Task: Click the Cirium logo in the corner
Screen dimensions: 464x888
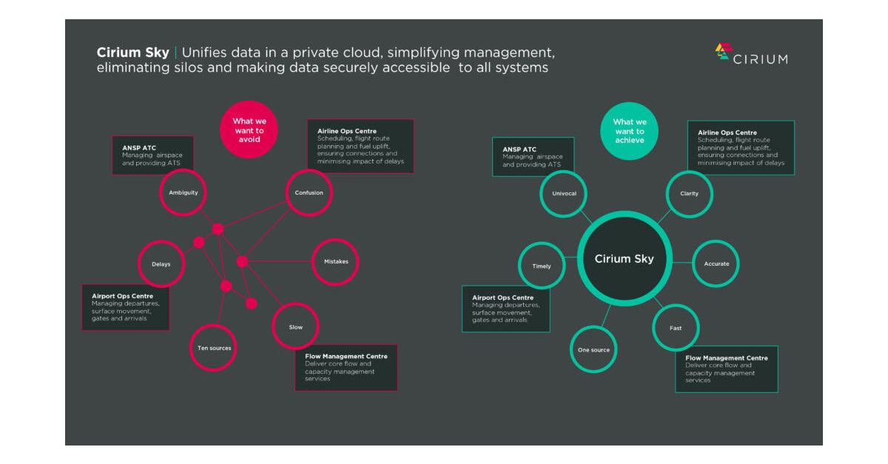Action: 750,55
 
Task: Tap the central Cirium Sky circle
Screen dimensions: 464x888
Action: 624,259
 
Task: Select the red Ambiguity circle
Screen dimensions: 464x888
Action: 183,192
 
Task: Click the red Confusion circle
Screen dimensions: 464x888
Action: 309,192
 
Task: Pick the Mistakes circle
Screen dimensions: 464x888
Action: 335,261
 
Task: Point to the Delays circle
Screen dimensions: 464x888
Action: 161,263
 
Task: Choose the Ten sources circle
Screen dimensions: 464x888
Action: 213,348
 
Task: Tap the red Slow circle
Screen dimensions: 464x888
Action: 295,326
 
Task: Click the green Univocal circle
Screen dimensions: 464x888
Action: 563,193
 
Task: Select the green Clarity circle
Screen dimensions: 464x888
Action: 689,193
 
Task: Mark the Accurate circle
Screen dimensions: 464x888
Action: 716,263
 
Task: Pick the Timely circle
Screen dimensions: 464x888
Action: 541,266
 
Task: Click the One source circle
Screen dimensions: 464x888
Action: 593,349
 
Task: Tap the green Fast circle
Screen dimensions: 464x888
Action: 676,328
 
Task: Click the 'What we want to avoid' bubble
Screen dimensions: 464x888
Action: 249,130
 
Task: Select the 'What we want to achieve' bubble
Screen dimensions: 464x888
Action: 629,131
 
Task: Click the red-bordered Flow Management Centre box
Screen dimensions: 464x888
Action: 346,367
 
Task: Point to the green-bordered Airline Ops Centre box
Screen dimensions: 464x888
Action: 741,147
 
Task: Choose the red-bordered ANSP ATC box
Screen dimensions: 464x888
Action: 152,155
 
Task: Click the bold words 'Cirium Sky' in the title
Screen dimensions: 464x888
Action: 132,53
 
